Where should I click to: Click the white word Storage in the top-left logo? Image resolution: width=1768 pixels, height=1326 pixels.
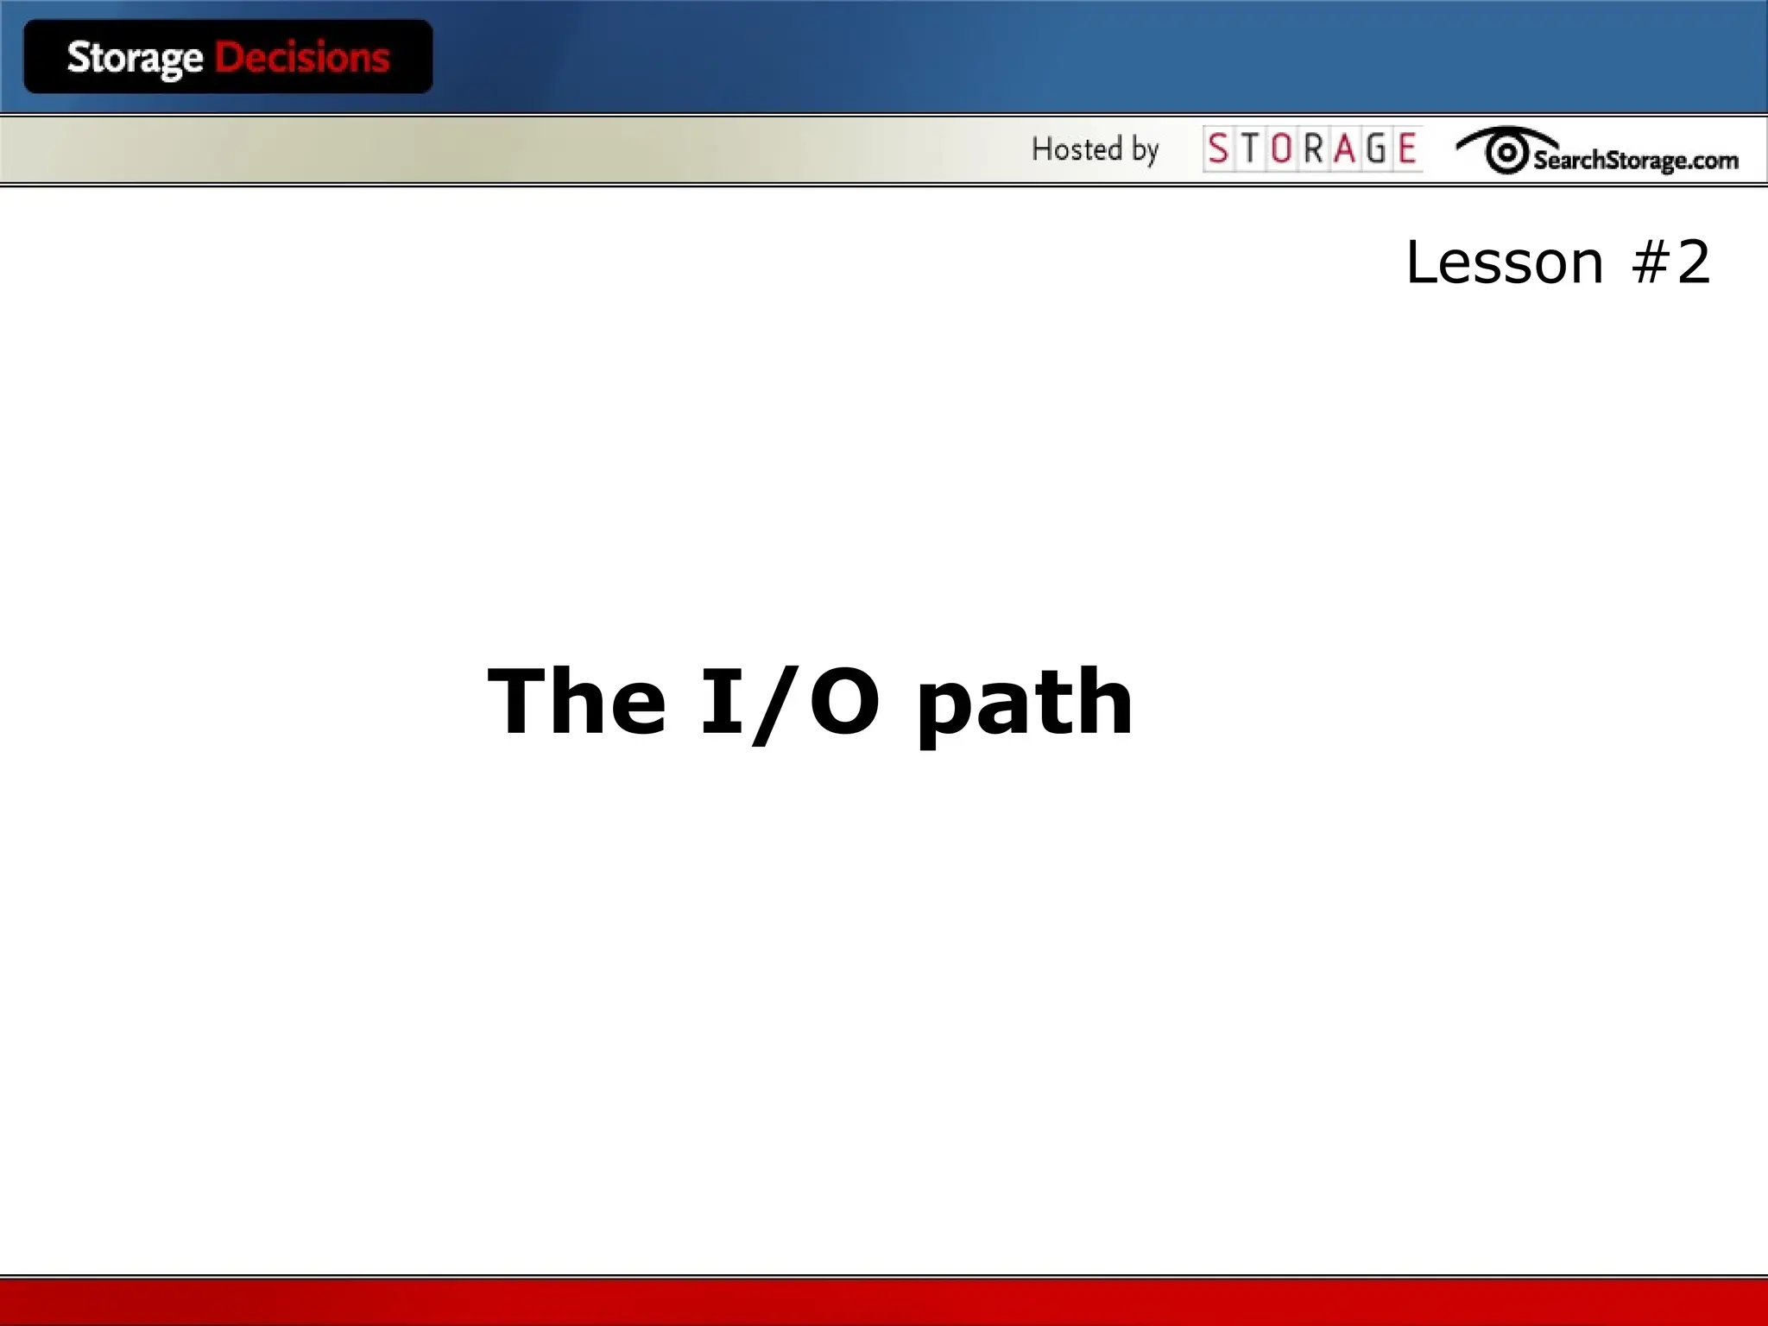point(135,59)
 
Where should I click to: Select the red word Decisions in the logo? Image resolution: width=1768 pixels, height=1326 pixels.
point(302,58)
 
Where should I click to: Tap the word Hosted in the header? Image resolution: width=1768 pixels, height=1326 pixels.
point(1077,149)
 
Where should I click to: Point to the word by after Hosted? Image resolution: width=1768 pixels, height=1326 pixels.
point(1145,151)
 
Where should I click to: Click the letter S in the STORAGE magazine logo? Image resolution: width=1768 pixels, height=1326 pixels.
point(1218,149)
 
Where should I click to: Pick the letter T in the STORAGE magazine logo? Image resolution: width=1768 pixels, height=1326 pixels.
point(1250,149)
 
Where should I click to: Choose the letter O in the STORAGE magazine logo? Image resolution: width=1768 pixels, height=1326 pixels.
point(1282,149)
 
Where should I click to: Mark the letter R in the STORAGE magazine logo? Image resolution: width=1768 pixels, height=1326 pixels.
point(1313,149)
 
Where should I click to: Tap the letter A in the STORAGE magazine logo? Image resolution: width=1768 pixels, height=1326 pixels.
point(1344,149)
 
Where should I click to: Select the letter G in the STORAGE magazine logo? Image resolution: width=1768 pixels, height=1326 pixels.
point(1376,149)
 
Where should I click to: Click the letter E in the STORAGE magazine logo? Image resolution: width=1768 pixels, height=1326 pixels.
point(1407,149)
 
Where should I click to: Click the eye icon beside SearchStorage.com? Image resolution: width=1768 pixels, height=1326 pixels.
point(1506,152)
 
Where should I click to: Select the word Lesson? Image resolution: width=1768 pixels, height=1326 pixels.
point(1504,262)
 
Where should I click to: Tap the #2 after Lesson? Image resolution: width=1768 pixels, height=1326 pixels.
point(1670,262)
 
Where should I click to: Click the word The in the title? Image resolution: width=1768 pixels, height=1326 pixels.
point(577,701)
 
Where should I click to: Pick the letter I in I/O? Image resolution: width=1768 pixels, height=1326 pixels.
point(723,701)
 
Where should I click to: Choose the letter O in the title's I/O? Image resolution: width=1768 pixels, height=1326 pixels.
point(844,701)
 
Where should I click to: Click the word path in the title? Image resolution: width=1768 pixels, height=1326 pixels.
point(1024,704)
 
